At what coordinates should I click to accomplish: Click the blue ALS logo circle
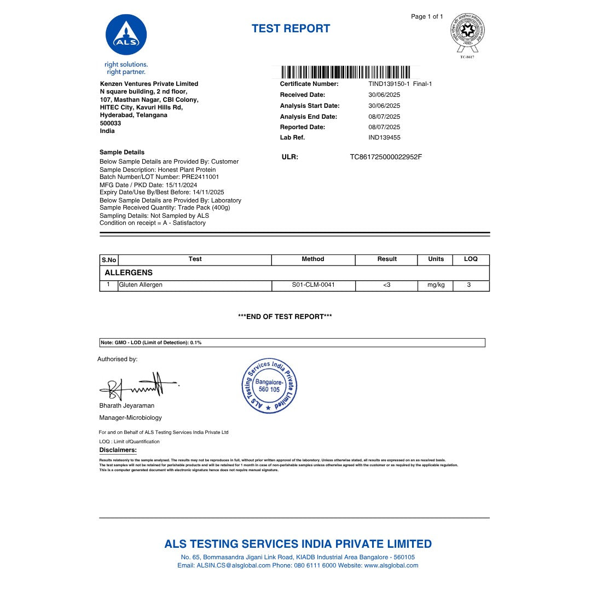pyautogui.click(x=126, y=35)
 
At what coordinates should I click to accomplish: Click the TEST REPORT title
pyautogui.click(x=291, y=29)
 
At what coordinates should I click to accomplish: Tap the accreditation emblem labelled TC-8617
pyautogui.click(x=467, y=33)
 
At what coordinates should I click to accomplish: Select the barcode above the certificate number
pyautogui.click(x=345, y=72)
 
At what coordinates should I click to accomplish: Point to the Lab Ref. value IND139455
pyautogui.click(x=384, y=137)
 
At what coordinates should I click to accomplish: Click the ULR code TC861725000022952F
pyautogui.click(x=386, y=157)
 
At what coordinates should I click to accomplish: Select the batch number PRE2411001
pyautogui.click(x=196, y=177)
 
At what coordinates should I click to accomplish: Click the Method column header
pyautogui.click(x=313, y=259)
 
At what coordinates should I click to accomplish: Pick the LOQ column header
pyautogui.click(x=471, y=259)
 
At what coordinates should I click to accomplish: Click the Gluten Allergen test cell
pyautogui.click(x=141, y=285)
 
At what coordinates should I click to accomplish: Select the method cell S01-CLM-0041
pyautogui.click(x=314, y=285)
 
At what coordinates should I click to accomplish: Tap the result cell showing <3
pyautogui.click(x=386, y=285)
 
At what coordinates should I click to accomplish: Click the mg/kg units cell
pyautogui.click(x=436, y=285)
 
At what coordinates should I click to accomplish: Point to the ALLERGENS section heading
pyautogui.click(x=129, y=273)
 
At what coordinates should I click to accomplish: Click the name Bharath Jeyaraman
pyautogui.click(x=127, y=405)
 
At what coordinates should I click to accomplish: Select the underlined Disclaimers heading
pyautogui.click(x=118, y=450)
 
